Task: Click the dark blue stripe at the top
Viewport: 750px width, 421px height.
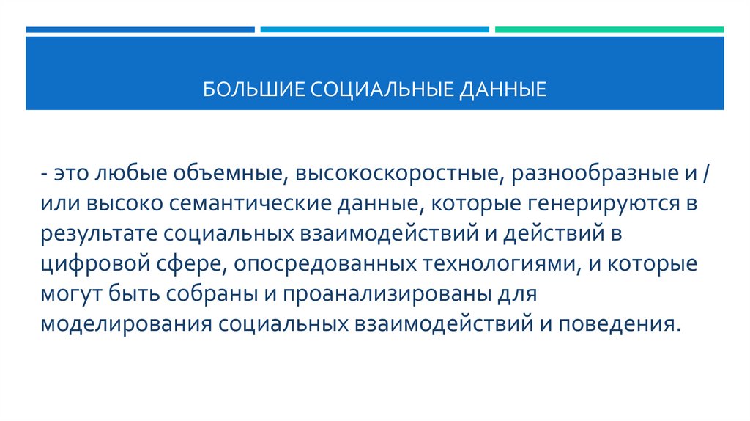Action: [x=140, y=30]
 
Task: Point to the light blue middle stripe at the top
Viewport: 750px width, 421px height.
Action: [x=374, y=30]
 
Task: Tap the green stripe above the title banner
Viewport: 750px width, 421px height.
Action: [x=609, y=30]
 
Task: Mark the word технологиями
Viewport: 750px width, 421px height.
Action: [x=496, y=263]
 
